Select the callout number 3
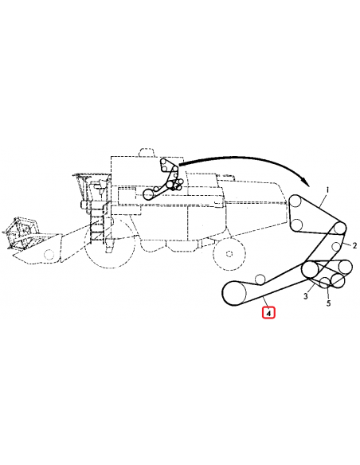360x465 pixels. point(306,295)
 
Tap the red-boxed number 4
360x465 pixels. point(269,313)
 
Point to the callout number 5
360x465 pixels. point(329,303)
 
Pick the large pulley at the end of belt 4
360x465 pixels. point(232,293)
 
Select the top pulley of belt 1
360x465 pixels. point(296,201)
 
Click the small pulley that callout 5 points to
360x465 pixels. point(326,281)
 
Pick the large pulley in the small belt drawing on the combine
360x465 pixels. point(148,194)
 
